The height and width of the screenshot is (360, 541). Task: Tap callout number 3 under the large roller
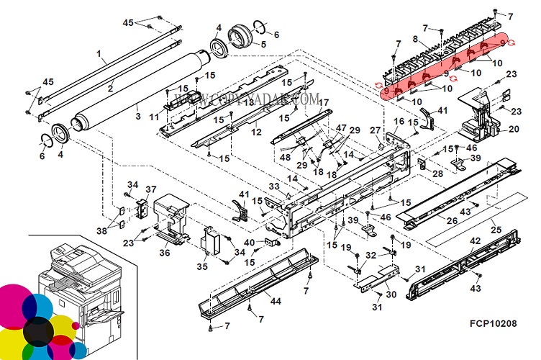coord(137,115)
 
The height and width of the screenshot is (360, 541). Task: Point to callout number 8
coord(415,38)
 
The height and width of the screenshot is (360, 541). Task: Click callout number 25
coord(496,228)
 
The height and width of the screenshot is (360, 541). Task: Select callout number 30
coord(390,294)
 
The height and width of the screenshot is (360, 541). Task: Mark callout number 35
coord(202,266)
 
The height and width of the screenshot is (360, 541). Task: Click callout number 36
coord(164,252)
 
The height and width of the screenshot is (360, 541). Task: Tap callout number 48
coord(285,158)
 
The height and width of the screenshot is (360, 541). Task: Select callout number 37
coord(150,189)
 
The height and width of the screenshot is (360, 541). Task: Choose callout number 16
coord(399,121)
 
